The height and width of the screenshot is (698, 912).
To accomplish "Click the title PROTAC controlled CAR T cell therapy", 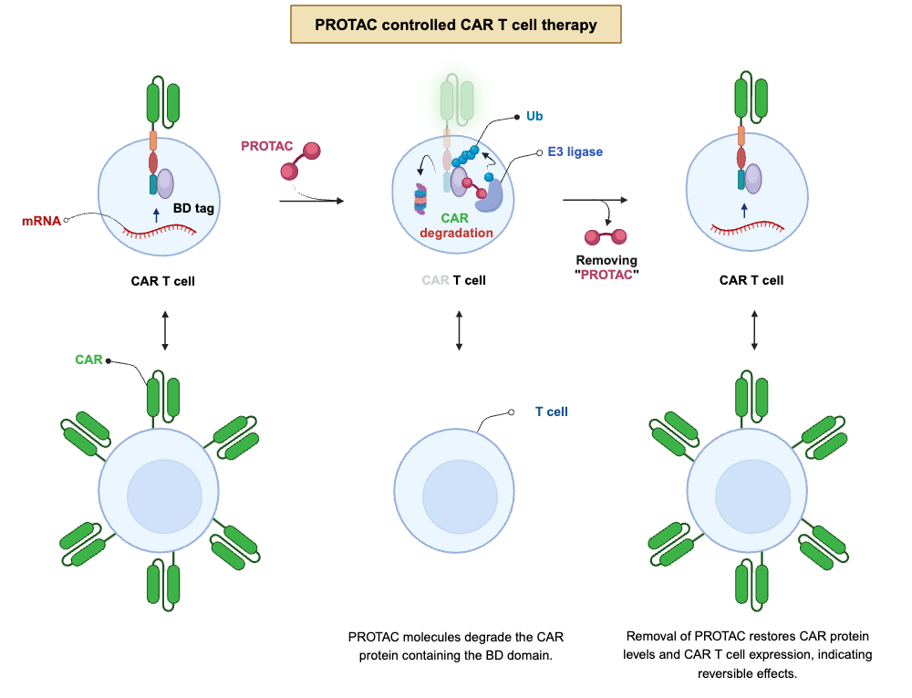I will [x=456, y=25].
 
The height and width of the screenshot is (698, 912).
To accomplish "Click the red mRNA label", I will [x=41, y=221].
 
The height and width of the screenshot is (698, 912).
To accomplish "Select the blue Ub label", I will [x=534, y=117].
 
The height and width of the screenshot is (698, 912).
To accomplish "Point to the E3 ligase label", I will [x=575, y=151].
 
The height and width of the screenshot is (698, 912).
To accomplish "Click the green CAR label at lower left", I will [x=88, y=359].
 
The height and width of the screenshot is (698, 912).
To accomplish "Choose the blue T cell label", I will [x=551, y=412].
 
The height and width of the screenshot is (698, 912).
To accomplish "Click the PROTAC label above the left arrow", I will [x=264, y=146].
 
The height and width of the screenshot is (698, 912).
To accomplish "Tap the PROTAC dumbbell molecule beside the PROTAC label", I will [x=301, y=160].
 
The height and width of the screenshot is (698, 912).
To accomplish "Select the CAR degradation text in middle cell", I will [x=455, y=225].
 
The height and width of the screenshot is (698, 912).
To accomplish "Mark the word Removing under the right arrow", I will [x=606, y=260].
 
